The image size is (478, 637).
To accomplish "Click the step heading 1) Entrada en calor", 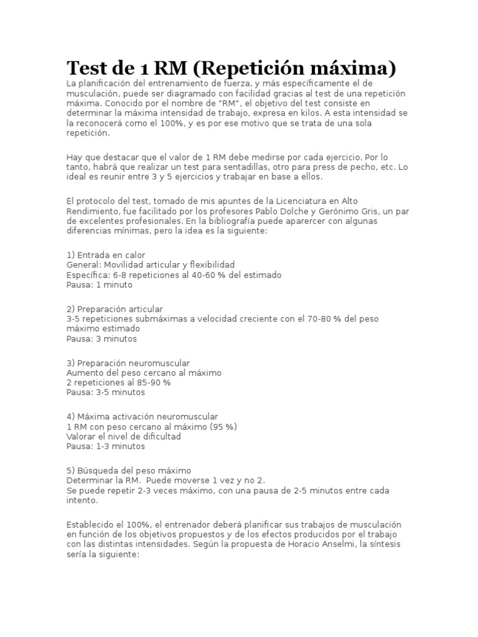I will [x=106, y=255].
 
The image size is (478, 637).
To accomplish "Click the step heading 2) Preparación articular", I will [x=115, y=309].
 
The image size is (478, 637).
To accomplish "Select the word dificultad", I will [x=159, y=436].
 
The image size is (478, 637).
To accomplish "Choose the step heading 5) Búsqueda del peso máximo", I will [x=128, y=470].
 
